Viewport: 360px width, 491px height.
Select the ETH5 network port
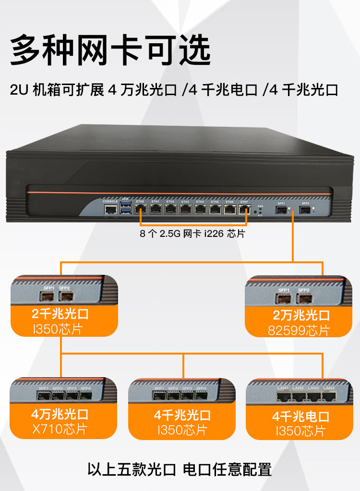tap(215, 209)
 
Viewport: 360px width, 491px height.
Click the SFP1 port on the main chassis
tap(281, 209)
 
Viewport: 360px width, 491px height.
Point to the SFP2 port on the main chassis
tap(304, 209)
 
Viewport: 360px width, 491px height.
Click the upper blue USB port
tap(126, 206)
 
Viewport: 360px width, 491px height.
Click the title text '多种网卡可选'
tap(111, 49)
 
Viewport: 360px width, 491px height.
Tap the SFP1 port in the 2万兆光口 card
tap(283, 299)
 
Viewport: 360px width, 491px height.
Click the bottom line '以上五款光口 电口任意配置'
tap(180, 468)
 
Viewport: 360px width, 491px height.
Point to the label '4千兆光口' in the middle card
tap(182, 415)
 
